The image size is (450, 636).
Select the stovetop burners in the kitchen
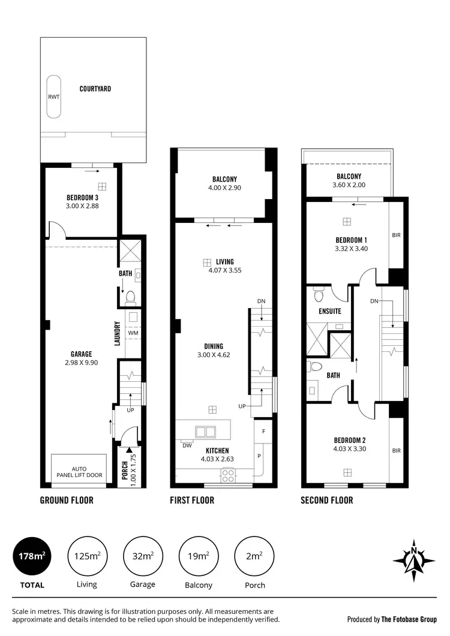click(229, 475)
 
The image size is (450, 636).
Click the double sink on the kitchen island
click(205, 430)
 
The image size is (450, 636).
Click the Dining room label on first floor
click(214, 346)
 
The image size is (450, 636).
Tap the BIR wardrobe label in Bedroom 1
click(395, 236)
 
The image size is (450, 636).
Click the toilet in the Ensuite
click(319, 295)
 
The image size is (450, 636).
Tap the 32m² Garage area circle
click(142, 557)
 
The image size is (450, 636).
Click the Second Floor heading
click(326, 500)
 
